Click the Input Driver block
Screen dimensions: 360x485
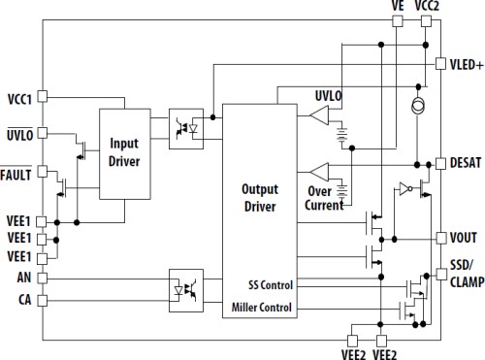tap(125, 152)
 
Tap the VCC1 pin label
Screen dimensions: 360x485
tap(18, 98)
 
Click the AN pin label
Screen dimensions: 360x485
tap(24, 278)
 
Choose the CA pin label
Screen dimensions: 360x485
tap(24, 299)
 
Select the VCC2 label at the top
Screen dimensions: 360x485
tap(428, 6)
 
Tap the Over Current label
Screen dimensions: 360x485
tap(326, 198)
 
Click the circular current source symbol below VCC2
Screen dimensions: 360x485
tap(417, 104)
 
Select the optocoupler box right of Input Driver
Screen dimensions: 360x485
tap(186, 129)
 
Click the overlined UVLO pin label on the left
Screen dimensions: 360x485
tap(18, 139)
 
